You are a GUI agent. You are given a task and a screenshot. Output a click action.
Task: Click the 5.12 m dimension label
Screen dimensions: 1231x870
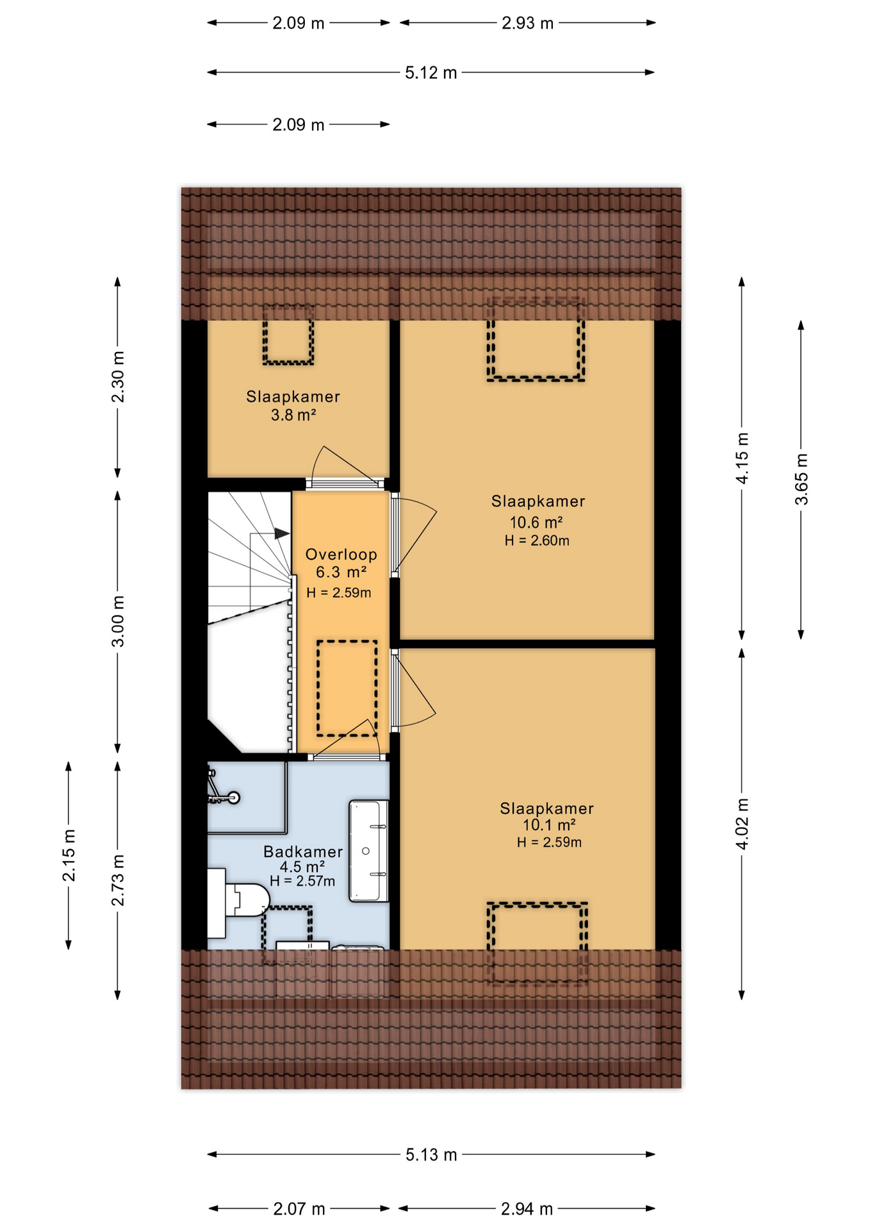(431, 73)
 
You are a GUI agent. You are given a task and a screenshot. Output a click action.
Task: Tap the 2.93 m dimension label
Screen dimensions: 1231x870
(527, 24)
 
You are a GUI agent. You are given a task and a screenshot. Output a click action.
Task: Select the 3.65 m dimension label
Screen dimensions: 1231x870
(801, 479)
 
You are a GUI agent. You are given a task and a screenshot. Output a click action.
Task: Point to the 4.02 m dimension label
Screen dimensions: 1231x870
(742, 824)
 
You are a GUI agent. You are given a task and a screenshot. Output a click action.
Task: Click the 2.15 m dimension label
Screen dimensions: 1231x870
(69, 855)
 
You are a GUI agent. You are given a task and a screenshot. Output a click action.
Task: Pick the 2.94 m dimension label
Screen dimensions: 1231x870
(527, 1209)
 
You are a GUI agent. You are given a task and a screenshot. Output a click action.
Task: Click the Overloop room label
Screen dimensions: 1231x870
(341, 555)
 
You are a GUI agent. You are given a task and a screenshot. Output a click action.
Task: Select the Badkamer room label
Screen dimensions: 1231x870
(303, 852)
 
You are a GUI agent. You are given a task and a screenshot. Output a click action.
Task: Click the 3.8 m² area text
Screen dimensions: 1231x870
(293, 415)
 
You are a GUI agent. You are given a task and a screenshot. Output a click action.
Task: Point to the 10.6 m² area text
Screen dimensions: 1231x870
(536, 523)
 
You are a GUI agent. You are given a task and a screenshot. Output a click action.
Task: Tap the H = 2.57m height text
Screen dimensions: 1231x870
(302, 882)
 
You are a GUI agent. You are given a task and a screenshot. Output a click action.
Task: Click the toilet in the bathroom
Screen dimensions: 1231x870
(243, 901)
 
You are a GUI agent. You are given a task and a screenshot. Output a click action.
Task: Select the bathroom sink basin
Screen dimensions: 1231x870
(368, 851)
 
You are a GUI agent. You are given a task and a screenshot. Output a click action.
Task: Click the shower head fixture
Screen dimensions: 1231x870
(233, 798)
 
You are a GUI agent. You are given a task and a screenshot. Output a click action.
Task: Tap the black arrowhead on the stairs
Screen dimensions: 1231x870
(281, 533)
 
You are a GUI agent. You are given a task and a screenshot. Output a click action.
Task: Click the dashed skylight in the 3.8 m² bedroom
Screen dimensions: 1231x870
(288, 335)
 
